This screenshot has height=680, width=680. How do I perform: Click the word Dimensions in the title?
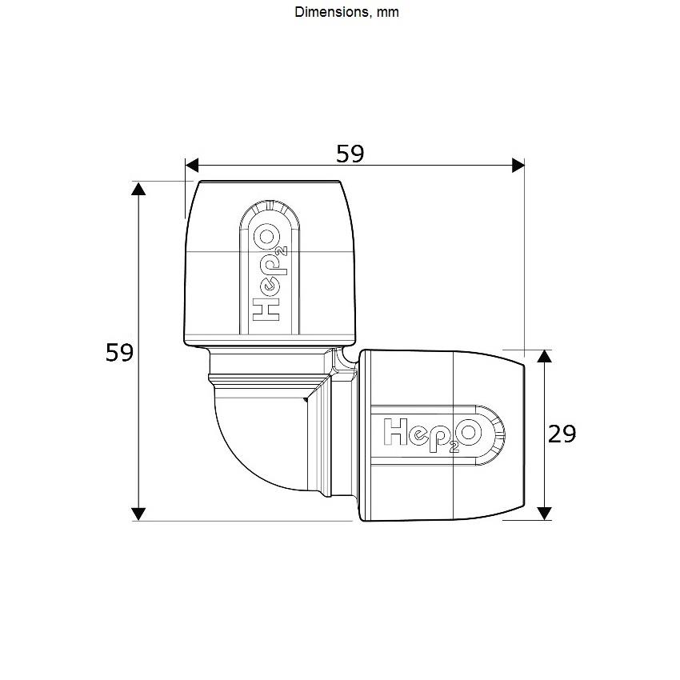point(332,12)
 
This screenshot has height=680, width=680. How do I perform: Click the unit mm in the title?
point(387,13)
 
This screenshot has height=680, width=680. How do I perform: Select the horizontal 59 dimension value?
point(350,154)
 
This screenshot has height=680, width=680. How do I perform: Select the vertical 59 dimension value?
point(119,352)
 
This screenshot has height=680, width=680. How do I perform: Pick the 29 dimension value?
point(562,434)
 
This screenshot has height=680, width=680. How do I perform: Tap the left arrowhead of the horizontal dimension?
point(192,166)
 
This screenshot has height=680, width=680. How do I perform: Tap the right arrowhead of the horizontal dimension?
point(518,166)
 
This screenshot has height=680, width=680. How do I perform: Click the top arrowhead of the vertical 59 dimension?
point(138,189)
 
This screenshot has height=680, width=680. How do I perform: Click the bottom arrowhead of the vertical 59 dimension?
point(138,514)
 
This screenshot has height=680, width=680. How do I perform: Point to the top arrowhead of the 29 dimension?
point(544,357)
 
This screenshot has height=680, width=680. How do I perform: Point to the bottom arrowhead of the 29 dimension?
point(544,514)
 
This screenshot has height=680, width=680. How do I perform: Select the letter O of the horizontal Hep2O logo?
point(471,432)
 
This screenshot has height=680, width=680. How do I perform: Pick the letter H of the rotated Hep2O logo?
point(266,310)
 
